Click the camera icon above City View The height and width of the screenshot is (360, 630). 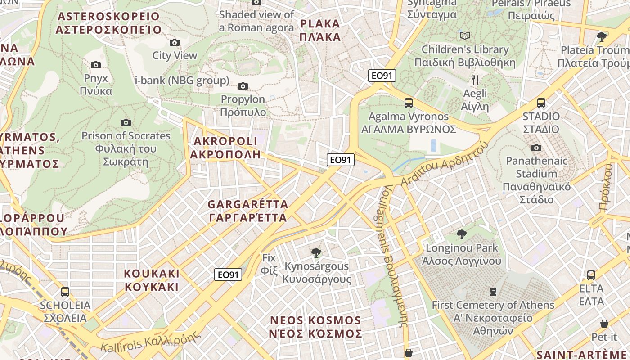(x=175, y=43)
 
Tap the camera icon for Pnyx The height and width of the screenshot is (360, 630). (x=96, y=65)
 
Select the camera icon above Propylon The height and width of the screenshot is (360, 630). (x=243, y=86)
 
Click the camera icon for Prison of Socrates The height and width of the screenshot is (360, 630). (x=126, y=122)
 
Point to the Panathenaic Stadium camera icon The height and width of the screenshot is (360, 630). (x=536, y=148)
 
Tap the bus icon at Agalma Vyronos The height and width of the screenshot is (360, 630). (x=409, y=103)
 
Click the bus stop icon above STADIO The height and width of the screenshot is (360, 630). (x=541, y=103)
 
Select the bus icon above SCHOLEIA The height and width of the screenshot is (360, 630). (x=65, y=292)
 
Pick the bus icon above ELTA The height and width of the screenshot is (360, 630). (x=591, y=275)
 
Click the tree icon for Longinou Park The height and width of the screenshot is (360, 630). (x=461, y=234)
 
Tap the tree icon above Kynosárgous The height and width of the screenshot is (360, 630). (x=316, y=252)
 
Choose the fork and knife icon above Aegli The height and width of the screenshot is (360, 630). (x=475, y=80)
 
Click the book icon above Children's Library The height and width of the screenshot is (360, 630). (x=465, y=36)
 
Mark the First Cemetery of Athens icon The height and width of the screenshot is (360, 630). (x=493, y=292)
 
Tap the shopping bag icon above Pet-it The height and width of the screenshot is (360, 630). (x=604, y=324)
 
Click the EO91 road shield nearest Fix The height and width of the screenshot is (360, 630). (x=228, y=274)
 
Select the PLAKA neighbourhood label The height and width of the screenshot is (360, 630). (x=320, y=30)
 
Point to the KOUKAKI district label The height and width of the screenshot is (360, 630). (x=152, y=280)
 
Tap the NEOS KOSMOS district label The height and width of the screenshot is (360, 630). (x=316, y=327)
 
